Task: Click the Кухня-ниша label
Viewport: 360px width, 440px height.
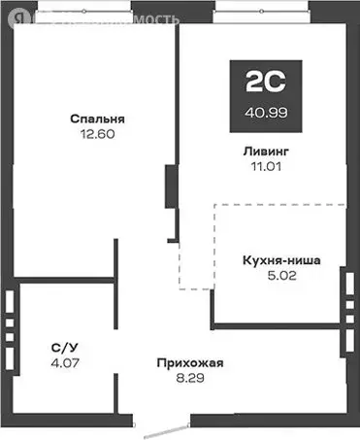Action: coord(282,260)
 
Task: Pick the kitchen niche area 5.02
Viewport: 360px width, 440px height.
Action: coord(282,275)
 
